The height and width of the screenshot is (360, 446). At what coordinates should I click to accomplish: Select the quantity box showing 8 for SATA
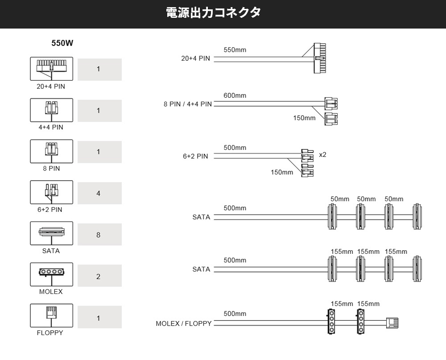[x=99, y=235]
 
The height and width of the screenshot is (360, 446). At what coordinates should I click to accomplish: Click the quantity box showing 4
[x=99, y=193]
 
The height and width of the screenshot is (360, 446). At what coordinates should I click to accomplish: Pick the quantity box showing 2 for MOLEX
[x=99, y=276]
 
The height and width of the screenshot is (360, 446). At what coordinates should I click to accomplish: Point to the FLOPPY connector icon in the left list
[x=51, y=314]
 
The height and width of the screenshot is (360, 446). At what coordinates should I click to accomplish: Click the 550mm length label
[x=235, y=50]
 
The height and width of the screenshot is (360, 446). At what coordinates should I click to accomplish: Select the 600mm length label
[x=235, y=95]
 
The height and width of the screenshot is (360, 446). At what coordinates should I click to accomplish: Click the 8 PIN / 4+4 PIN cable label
[x=188, y=104]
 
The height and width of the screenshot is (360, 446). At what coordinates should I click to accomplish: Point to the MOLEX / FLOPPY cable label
[x=183, y=323]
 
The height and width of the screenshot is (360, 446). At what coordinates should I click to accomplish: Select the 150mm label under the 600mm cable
[x=304, y=118]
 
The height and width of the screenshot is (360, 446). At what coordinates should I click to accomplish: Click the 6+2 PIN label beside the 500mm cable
[x=195, y=157]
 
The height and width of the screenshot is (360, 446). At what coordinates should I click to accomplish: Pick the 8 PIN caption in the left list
[x=51, y=169]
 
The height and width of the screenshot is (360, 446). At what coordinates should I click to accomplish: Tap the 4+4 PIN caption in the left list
[x=51, y=127]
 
